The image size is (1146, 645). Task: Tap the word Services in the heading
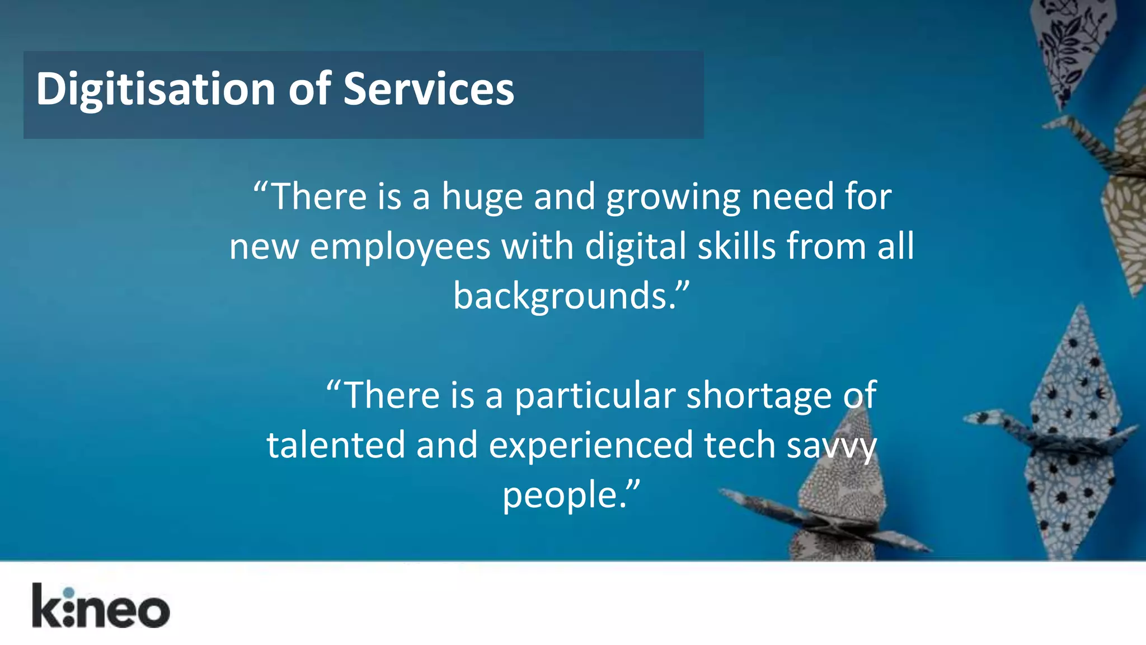pos(428,90)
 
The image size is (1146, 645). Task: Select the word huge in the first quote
pos(482,197)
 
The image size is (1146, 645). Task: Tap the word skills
pos(736,246)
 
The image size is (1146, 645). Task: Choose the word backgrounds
pos(565,296)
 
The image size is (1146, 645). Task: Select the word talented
pos(336,445)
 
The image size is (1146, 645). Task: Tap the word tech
pos(739,445)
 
